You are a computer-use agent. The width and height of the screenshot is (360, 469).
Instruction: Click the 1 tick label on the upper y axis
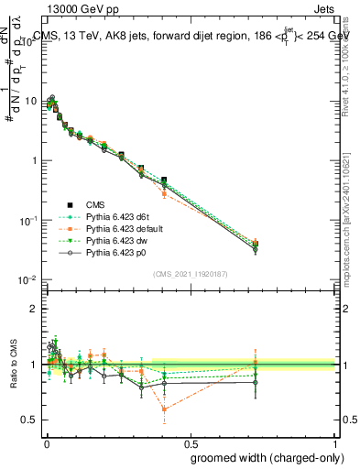point(34,160)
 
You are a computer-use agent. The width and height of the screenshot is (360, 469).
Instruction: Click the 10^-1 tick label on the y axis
point(28,220)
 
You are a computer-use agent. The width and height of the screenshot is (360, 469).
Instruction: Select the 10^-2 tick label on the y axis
point(28,279)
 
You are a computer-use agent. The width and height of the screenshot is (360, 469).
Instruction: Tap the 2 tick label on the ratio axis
point(35,309)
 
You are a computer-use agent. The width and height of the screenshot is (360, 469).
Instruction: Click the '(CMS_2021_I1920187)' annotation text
point(190,273)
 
